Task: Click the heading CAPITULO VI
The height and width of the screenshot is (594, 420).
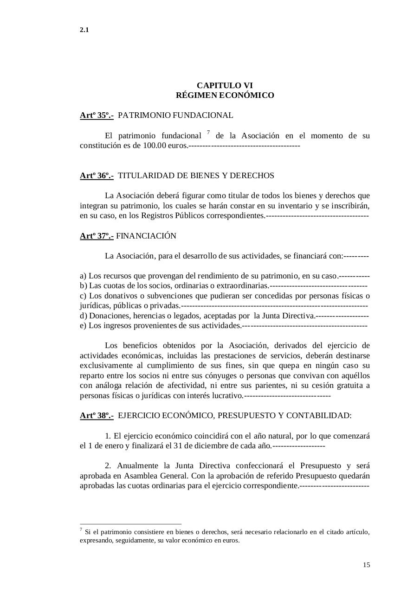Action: tap(225, 85)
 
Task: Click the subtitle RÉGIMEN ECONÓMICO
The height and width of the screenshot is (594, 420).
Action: tap(225, 96)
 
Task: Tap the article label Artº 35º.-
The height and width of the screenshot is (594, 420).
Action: tap(97, 115)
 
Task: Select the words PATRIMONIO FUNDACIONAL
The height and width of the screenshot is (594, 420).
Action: tap(175, 115)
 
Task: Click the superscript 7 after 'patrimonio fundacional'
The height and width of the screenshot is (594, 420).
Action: tap(208, 133)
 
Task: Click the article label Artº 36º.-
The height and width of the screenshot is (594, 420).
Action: tap(97, 175)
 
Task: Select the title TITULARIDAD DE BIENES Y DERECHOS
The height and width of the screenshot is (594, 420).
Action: tap(196, 175)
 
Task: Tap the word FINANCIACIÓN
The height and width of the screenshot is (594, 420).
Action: tap(146, 236)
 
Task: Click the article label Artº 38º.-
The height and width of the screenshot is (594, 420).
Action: tap(97, 415)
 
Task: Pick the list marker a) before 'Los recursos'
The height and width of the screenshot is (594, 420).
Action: tap(83, 276)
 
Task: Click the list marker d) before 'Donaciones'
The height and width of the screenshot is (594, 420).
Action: tap(84, 316)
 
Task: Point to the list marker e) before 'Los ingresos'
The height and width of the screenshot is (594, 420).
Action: tap(83, 326)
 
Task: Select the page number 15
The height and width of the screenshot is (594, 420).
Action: tap(366, 565)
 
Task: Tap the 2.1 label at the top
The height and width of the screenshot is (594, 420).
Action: tap(84, 30)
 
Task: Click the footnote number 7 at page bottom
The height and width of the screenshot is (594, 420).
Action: tap(81, 529)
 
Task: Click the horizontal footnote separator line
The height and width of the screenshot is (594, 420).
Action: tap(130, 524)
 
